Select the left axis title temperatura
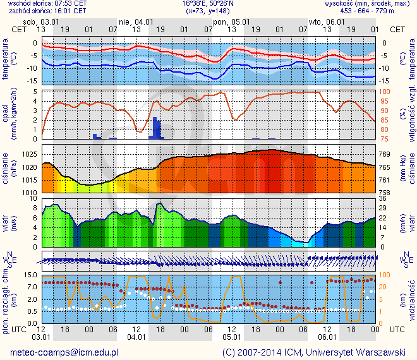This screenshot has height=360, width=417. click(6, 61)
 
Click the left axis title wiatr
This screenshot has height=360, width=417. click(6, 222)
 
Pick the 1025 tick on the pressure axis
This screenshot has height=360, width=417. click(29, 155)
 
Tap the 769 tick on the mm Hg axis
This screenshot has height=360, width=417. click(386, 155)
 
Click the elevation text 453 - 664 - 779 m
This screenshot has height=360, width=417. click(376, 11)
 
